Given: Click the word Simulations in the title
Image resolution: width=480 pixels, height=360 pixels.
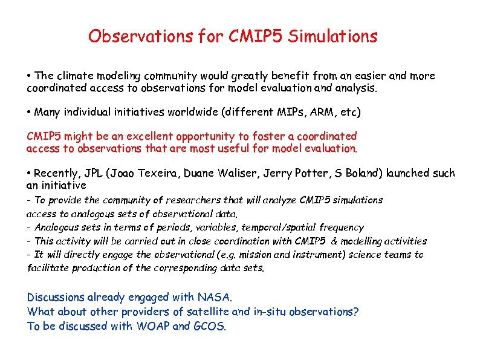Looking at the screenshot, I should coord(332,37).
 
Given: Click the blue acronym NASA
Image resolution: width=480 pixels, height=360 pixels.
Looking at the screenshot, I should coord(214,297).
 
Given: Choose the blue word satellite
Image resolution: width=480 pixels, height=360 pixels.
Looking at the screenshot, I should coord(209,312).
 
